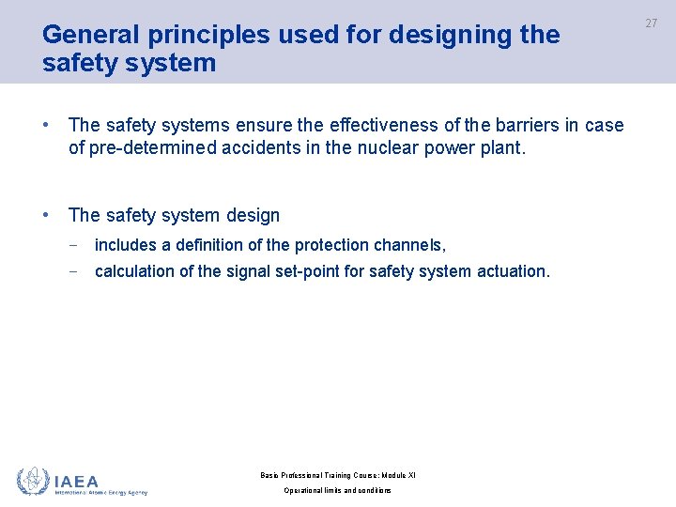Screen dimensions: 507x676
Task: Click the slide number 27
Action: [651, 23]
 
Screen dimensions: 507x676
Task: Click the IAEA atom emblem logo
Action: [32, 481]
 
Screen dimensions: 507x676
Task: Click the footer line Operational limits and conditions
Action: [337, 491]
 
